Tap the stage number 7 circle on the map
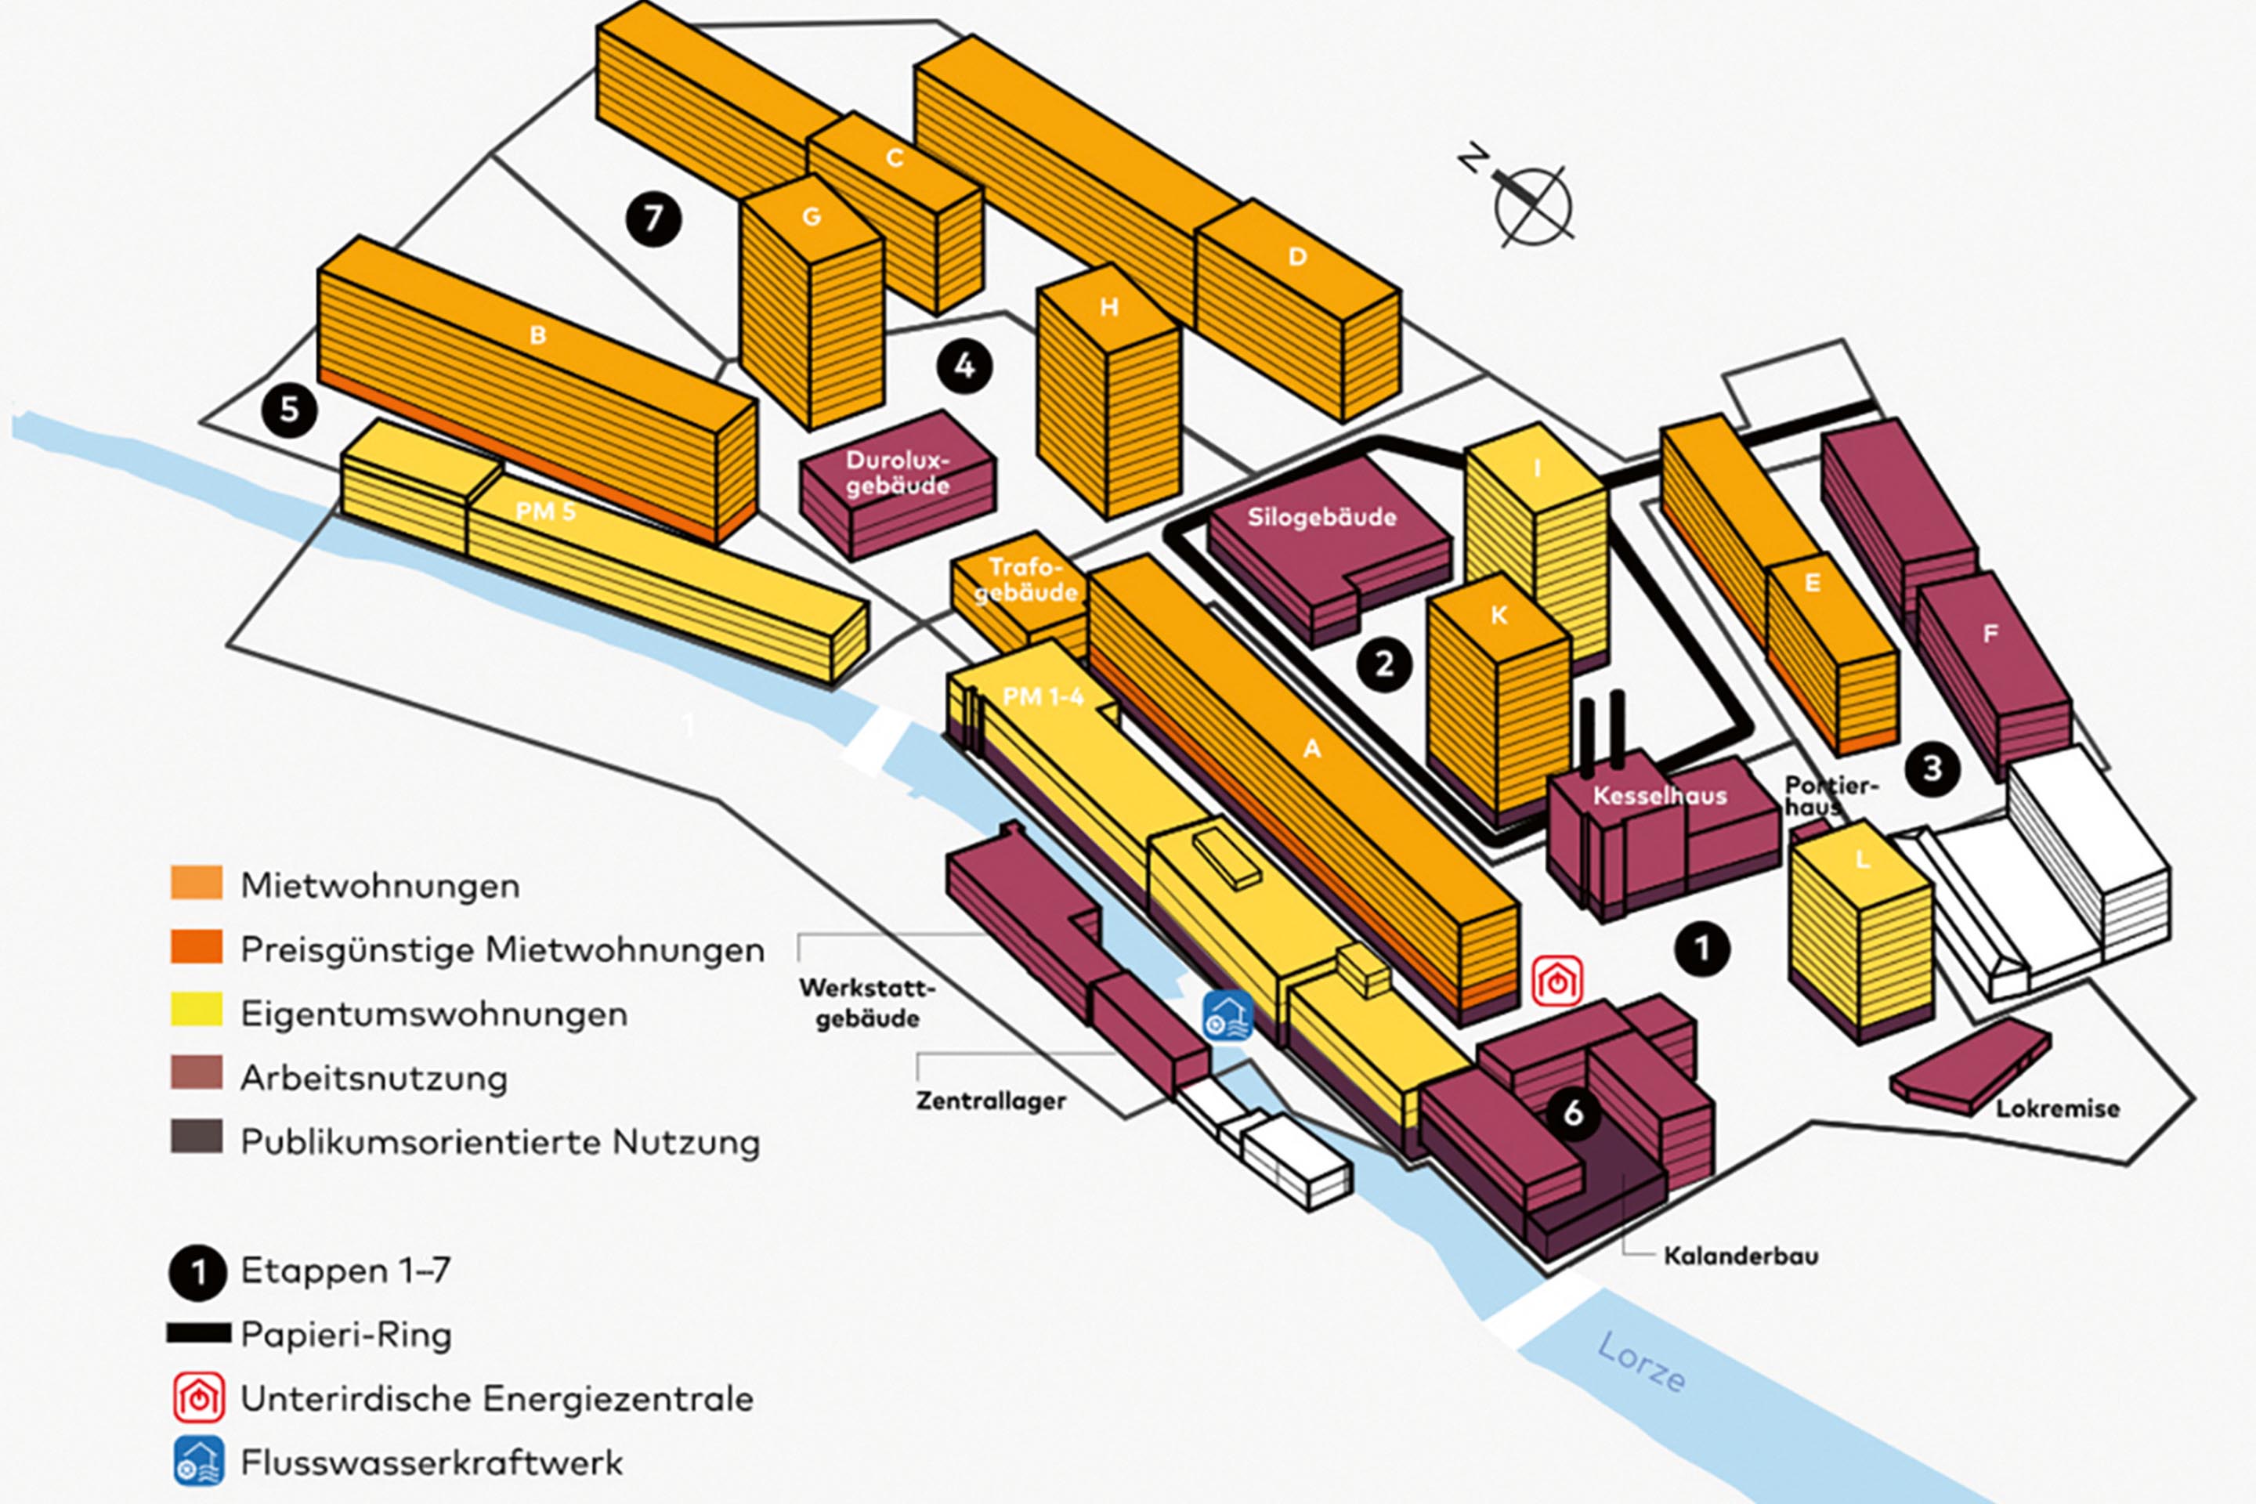coord(653,219)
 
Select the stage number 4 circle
coord(964,366)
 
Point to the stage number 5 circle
coord(289,410)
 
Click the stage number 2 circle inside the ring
coord(1384,663)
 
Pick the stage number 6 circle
coord(1572,1112)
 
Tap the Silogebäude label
coord(1321,518)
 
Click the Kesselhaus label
coord(1658,795)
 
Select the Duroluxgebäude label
coord(897,473)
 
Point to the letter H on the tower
coord(1109,307)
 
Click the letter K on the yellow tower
coord(1499,615)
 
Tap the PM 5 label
coord(545,512)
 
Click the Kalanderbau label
coord(1740,1256)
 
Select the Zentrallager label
coord(990,1100)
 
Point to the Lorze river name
coord(1641,1363)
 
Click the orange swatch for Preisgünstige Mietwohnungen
coord(197,947)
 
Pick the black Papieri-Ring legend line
coord(198,1333)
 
